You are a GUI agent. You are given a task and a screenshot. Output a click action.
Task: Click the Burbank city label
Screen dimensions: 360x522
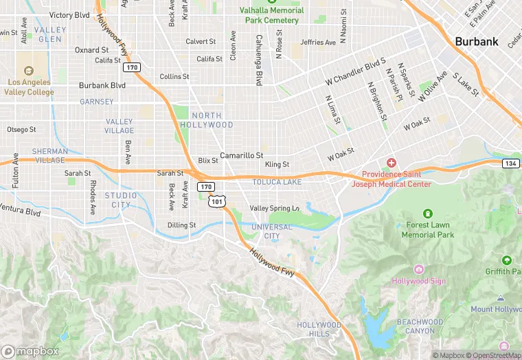coord(476,41)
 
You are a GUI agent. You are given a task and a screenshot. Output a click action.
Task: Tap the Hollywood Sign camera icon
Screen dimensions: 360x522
coord(418,268)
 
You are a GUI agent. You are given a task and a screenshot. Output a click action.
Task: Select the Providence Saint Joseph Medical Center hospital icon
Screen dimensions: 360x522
coord(391,163)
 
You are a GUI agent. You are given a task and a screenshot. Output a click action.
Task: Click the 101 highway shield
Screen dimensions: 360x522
coord(217,201)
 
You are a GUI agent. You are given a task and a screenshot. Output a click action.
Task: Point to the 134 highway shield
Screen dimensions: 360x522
coord(510,164)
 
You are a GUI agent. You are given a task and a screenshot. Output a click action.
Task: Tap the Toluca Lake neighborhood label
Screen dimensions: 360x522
coord(276,182)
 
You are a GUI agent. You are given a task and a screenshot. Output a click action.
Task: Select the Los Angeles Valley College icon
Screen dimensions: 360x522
coord(28,71)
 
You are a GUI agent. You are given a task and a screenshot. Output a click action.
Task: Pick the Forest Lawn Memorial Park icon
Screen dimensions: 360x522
coord(427,214)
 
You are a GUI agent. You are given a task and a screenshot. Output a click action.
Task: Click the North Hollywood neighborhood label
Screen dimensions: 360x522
coord(207,120)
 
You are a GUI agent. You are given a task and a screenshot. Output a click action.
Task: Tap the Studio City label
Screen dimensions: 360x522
coord(121,200)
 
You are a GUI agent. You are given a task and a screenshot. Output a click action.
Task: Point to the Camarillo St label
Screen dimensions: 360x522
coord(241,156)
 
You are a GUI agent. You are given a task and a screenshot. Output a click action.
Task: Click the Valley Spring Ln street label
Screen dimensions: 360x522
coord(274,208)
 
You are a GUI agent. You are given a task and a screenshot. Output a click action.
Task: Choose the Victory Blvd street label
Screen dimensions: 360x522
coord(69,15)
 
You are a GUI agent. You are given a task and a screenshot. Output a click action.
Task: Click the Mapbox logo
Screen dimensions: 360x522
coord(30,351)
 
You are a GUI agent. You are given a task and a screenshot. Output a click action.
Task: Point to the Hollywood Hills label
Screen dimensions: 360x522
coord(319,329)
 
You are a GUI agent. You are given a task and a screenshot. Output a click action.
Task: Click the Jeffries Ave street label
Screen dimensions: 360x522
coord(318,43)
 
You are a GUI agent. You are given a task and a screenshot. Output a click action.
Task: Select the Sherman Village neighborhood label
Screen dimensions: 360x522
coord(49,155)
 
